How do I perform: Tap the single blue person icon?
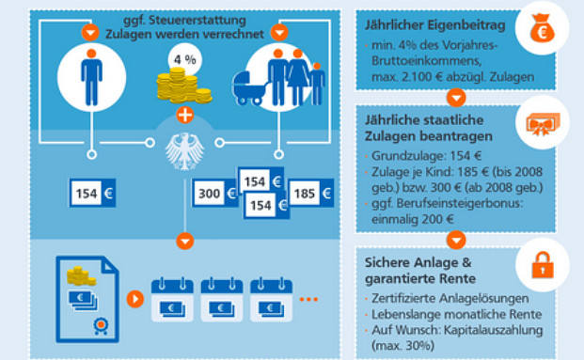point(90,79)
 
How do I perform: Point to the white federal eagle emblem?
point(184,146)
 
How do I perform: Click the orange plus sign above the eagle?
point(184,117)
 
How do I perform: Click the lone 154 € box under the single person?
point(93,194)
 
